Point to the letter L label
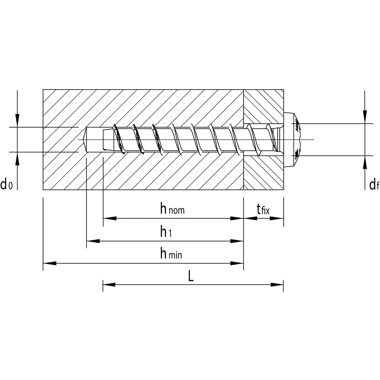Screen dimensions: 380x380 [x=191, y=276]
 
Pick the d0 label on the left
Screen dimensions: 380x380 [x=6, y=184]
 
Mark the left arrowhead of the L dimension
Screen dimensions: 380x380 [x=109, y=284]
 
